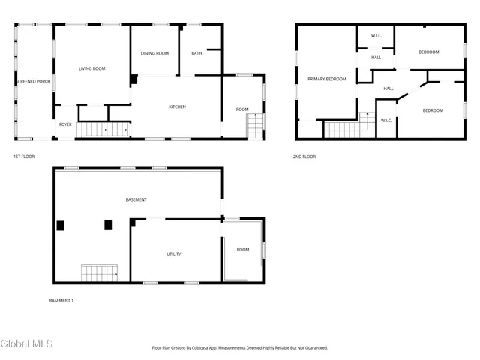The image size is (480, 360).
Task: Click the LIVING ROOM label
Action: pyautogui.click(x=92, y=68)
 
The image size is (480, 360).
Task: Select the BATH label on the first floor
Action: pyautogui.click(x=196, y=53)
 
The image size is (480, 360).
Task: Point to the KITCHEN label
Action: pyautogui.click(x=177, y=107)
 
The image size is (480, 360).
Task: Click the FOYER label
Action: pyautogui.click(x=66, y=124)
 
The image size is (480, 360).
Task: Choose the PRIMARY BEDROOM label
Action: pyautogui.click(x=326, y=79)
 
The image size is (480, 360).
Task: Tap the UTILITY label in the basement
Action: pyautogui.click(x=173, y=254)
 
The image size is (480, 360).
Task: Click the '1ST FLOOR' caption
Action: pyautogui.click(x=24, y=157)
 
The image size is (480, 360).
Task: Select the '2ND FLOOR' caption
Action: pyautogui.click(x=304, y=157)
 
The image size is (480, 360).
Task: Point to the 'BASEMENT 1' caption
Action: pyautogui.click(x=61, y=301)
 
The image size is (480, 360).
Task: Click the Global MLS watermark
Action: pyautogui.click(x=27, y=343)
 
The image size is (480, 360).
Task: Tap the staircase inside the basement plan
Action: pyautogui.click(x=100, y=273)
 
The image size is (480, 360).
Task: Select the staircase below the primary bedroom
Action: pyautogui.click(x=343, y=130)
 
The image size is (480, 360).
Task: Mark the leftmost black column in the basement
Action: pyautogui.click(x=61, y=225)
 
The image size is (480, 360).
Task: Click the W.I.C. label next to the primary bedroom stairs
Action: pyautogui.click(x=386, y=121)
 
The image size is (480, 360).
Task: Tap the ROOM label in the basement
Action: pyautogui.click(x=242, y=250)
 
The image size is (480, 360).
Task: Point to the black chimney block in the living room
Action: pyautogui.click(x=134, y=79)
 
